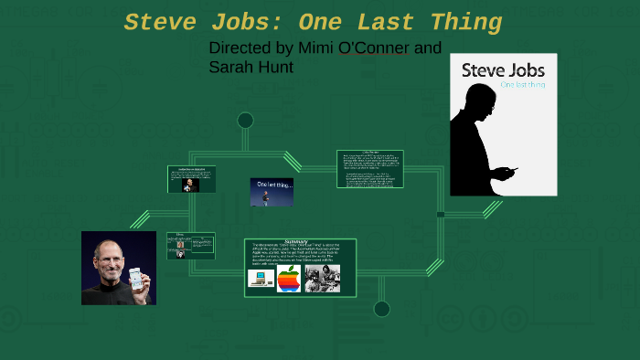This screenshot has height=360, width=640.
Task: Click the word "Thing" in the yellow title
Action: (461, 23)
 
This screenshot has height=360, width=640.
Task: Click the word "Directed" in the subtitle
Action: (240, 48)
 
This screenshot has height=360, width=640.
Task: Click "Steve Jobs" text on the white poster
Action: (503, 70)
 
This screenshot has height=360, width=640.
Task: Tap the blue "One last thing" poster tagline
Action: (523, 85)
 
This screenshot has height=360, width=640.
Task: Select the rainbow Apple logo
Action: (289, 279)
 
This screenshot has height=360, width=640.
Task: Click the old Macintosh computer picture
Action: (261, 278)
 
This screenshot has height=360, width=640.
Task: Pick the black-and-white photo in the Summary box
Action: (323, 278)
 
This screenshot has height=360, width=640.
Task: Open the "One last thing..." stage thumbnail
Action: (272, 192)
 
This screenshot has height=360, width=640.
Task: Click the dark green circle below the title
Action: (245, 120)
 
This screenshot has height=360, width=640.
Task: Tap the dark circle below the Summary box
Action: (382, 309)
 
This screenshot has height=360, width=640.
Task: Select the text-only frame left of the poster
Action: (370, 169)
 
